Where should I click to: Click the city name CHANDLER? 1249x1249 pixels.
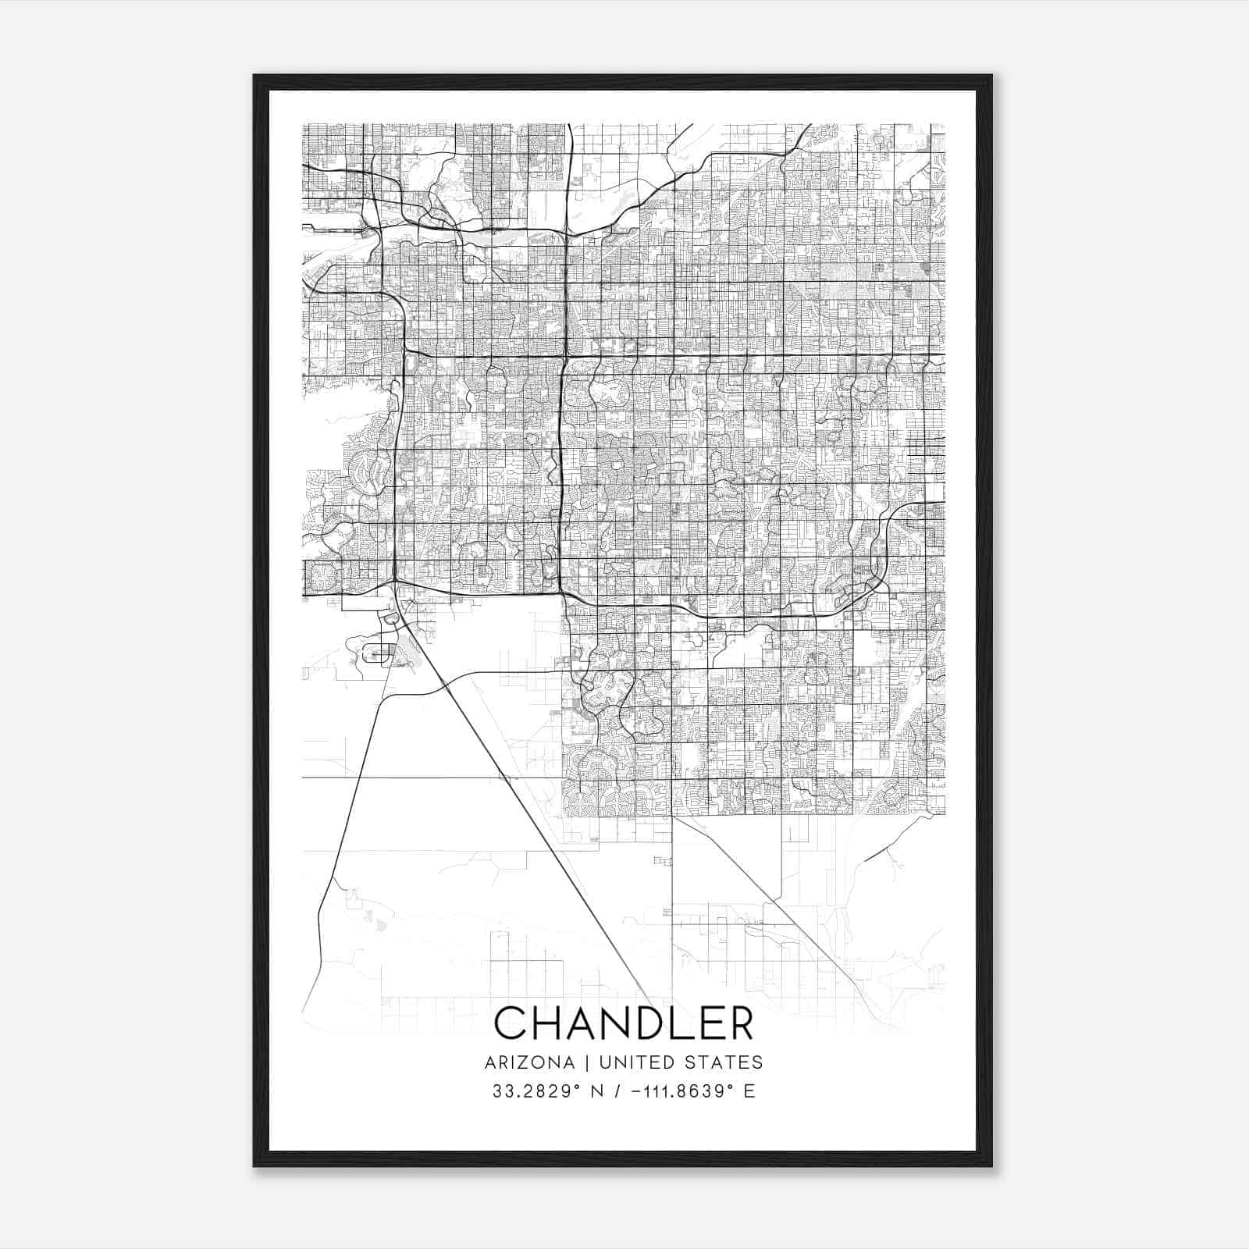coord(624,1023)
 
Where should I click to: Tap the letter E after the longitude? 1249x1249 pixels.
coord(749,1091)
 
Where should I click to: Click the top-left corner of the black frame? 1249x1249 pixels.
coord(254,76)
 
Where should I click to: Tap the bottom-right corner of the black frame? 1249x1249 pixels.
coord(991,1166)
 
